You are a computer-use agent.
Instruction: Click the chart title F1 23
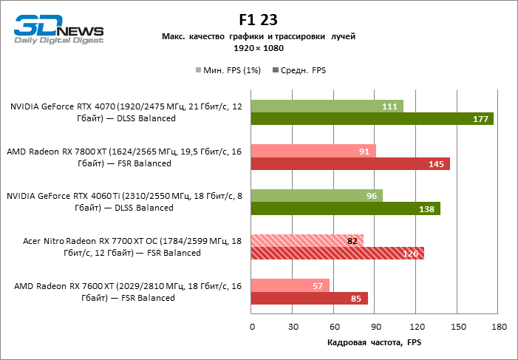258,20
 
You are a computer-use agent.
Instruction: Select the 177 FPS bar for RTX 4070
372,119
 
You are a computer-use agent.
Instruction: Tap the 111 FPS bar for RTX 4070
327,106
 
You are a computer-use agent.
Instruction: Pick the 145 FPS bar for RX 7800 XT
350,163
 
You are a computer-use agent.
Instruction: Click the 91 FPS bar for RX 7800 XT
313,151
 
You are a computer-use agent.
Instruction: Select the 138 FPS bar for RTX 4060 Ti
346,208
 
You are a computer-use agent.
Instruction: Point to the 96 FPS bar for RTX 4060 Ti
317,196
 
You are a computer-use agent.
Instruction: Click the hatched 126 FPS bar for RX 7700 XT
338,254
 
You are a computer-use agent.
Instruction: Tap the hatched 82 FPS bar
307,240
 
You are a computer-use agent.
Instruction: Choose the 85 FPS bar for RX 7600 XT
310,299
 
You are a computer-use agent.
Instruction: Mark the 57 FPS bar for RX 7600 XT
290,285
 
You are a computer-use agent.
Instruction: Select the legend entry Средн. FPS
299,70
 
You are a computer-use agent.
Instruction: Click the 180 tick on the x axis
499,327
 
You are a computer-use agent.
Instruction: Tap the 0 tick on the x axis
252,327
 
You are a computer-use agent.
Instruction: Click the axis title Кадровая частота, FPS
373,343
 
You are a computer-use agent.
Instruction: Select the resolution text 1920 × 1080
258,47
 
